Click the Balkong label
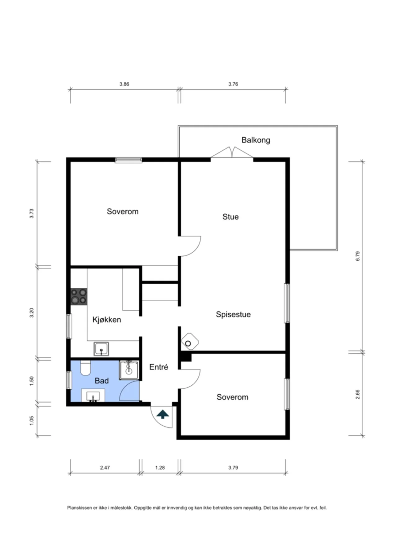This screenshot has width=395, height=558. pyautogui.click(x=256, y=140)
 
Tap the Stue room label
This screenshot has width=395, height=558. pyautogui.click(x=231, y=217)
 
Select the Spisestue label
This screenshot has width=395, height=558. pyautogui.click(x=233, y=314)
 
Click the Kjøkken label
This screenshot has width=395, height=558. pyautogui.click(x=107, y=320)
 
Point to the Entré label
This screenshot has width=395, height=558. pyautogui.click(x=159, y=367)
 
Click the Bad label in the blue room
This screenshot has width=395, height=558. pyautogui.click(x=101, y=381)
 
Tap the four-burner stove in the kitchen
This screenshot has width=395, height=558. pyautogui.click(x=79, y=296)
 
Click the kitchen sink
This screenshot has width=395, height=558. pyautogui.click(x=101, y=349)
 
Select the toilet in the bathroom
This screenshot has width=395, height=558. pyautogui.click(x=85, y=368)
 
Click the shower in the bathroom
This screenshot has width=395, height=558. pyautogui.click(x=129, y=370)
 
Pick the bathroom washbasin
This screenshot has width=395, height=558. pyautogui.click(x=93, y=396)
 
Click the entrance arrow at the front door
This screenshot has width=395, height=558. pyautogui.click(x=163, y=414)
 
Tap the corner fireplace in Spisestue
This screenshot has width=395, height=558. pyautogui.click(x=190, y=342)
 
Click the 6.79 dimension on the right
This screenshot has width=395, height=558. pyautogui.click(x=357, y=256)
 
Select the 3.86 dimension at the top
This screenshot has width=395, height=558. pyautogui.click(x=124, y=84)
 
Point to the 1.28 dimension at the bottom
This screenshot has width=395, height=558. pyautogui.click(x=160, y=467)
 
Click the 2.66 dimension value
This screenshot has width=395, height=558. pyautogui.click(x=357, y=394)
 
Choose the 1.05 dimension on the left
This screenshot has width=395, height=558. pyautogui.click(x=31, y=420)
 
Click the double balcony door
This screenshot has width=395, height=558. pyautogui.click(x=232, y=153)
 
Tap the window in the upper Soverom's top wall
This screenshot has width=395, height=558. pyautogui.click(x=128, y=160)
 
